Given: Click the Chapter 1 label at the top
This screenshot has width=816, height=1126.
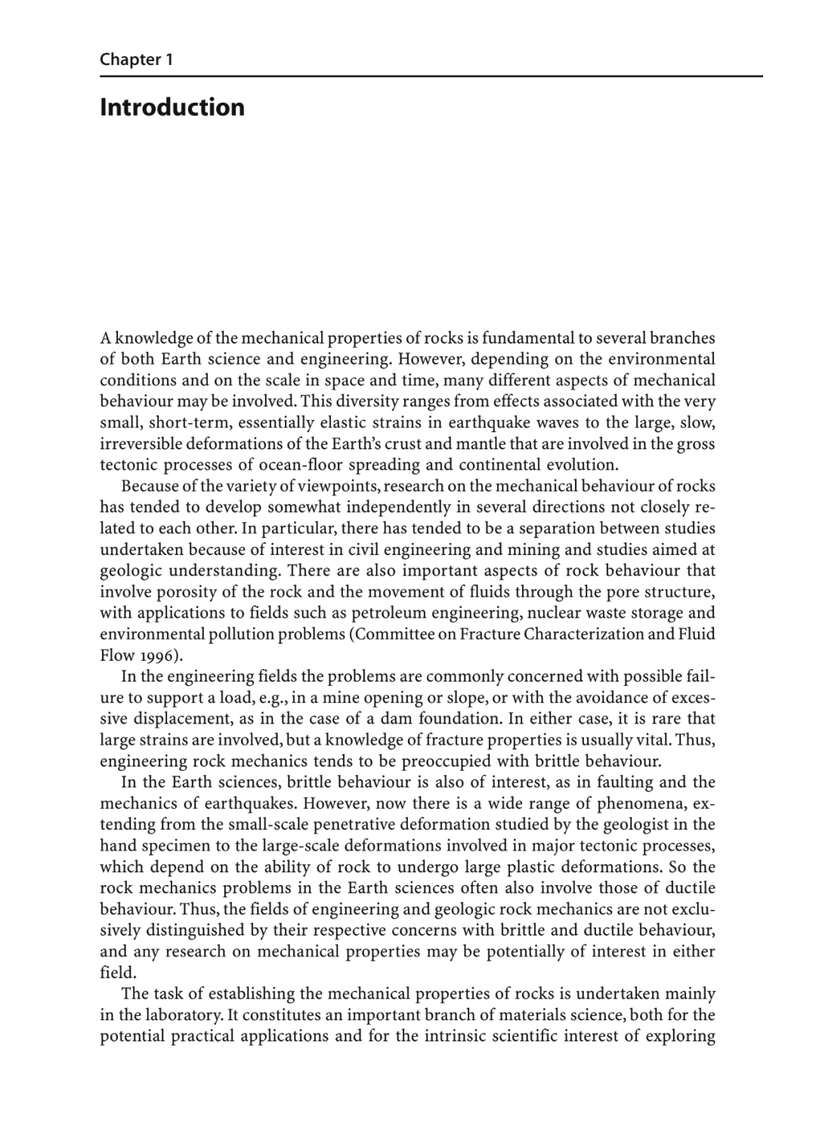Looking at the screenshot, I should click(137, 60).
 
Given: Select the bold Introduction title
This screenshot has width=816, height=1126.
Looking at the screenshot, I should click(172, 107).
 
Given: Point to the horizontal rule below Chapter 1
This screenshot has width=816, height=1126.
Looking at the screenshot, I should click(431, 76).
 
